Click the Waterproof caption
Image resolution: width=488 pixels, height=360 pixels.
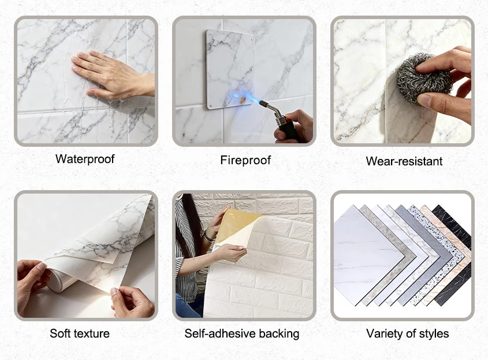[x=85, y=159]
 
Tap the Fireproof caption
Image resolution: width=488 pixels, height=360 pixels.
[x=245, y=161]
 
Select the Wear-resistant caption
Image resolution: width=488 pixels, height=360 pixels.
[x=404, y=161]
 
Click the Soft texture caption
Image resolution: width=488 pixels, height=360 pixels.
[x=80, y=333]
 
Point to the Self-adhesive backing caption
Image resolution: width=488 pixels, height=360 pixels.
[x=242, y=334]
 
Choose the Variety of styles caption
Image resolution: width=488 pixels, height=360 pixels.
[x=407, y=334]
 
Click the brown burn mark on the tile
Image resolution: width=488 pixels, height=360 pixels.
[x=243, y=99]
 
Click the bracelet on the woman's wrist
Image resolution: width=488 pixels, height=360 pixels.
[x=208, y=237]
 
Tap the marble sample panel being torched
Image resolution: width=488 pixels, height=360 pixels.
[x=230, y=69]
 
